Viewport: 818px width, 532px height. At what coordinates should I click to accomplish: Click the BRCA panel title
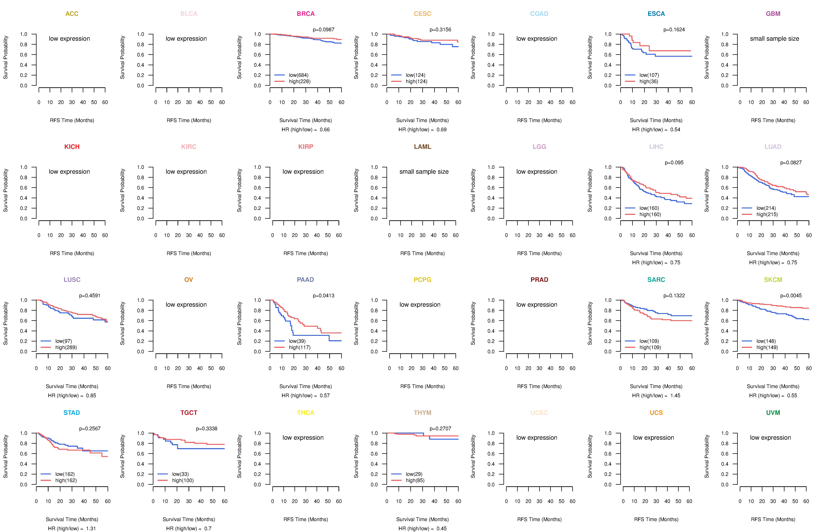click(x=306, y=14)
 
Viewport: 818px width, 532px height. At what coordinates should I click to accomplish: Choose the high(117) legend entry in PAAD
click(x=299, y=347)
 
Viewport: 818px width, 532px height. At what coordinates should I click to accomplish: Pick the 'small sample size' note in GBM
click(x=774, y=38)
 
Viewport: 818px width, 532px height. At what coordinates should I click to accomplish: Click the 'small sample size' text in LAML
click(x=424, y=172)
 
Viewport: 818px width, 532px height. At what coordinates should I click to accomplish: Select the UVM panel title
click(x=773, y=413)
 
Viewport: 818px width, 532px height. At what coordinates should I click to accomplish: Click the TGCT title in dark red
click(x=189, y=413)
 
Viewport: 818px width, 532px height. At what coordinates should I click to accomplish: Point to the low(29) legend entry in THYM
click(x=414, y=474)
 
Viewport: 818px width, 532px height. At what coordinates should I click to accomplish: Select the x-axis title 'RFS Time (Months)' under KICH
click(x=72, y=253)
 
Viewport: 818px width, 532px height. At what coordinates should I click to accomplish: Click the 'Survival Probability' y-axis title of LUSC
click(x=5, y=323)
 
